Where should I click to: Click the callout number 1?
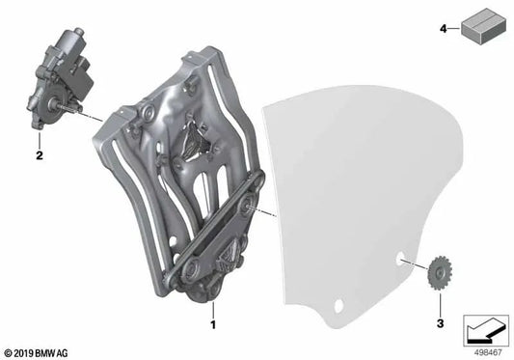[213, 324]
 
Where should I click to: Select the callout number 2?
[40, 155]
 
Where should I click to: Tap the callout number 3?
[441, 323]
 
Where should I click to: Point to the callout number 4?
[444, 29]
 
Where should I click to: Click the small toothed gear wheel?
[440, 273]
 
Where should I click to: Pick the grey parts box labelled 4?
[484, 26]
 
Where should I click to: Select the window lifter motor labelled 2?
[59, 79]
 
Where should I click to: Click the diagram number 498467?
[488, 352]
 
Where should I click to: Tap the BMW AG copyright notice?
[37, 353]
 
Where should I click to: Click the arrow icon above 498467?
[486, 330]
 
